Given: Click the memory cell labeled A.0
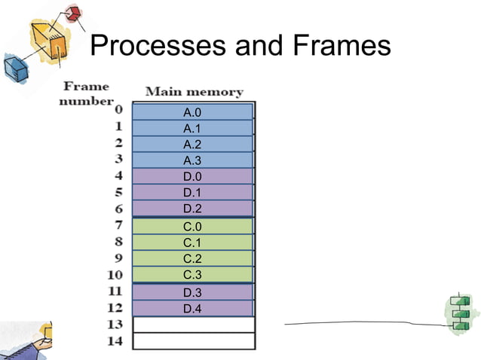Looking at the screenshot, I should pyautogui.click(x=192, y=112).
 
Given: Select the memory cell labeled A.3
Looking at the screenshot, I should pyautogui.click(x=192, y=160).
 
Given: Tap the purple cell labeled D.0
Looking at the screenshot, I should pyautogui.click(x=192, y=176).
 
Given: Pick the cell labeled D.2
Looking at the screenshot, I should pyautogui.click(x=192, y=209).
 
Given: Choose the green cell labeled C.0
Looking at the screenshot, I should pyautogui.click(x=192, y=226).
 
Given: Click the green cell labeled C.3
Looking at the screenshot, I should pyautogui.click(x=192, y=274).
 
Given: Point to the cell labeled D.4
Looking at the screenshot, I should pyautogui.click(x=192, y=309).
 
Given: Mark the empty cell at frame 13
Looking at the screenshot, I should pyautogui.click(x=194, y=325).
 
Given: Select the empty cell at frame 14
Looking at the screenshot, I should pyautogui.click(x=194, y=340).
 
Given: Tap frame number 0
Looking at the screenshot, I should pyautogui.click(x=118, y=111).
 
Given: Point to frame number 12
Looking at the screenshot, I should pyautogui.click(x=115, y=307).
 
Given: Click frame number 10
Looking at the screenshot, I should pyautogui.click(x=115, y=275).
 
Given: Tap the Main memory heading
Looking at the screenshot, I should pyautogui.click(x=194, y=92).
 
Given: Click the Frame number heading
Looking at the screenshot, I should pyautogui.click(x=86, y=94).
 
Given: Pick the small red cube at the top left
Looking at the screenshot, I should pyautogui.click(x=73, y=13).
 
